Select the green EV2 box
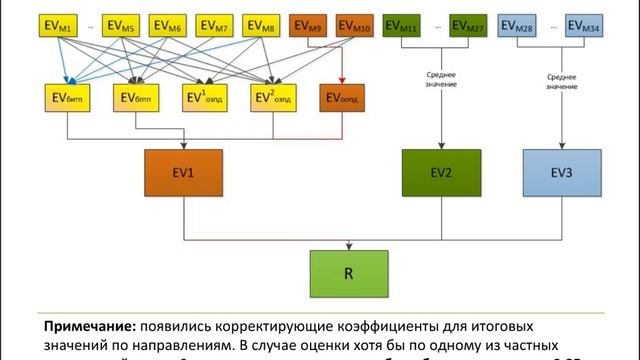tap(441, 172)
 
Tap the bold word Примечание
tap(88, 326)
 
